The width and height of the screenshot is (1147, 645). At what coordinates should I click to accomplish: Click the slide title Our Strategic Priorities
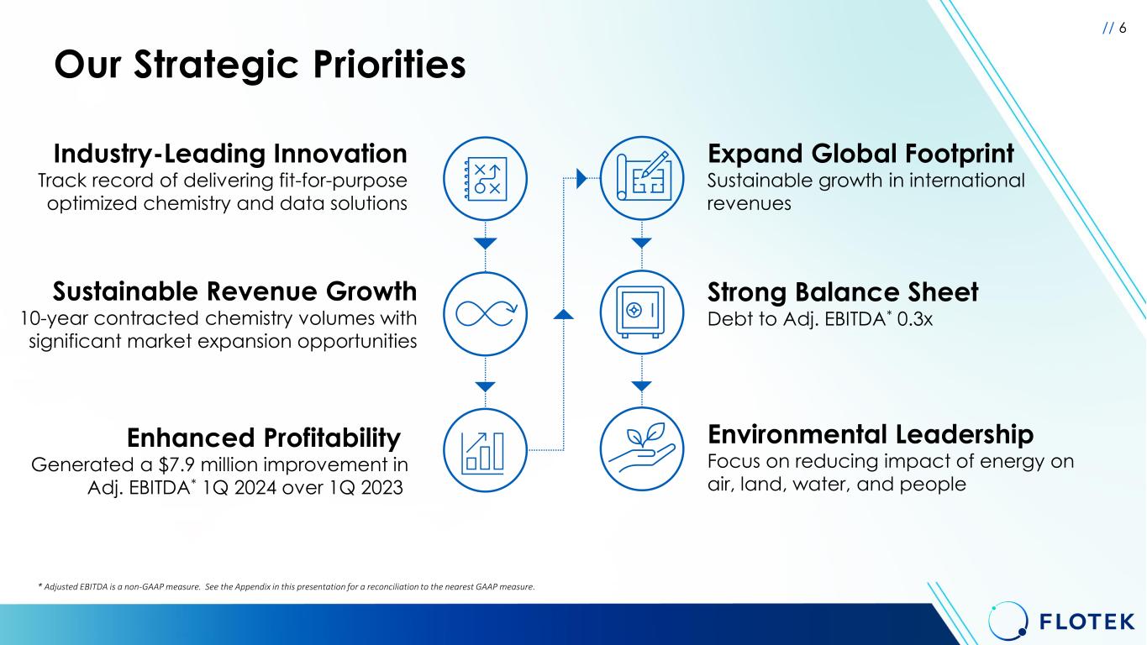pos(260,66)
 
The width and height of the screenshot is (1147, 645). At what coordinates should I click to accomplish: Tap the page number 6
pos(1123,29)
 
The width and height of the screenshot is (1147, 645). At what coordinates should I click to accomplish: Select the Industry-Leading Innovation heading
pos(230,154)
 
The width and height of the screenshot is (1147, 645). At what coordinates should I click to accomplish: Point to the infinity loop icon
pos(485,314)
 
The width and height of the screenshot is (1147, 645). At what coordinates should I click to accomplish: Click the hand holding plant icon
pos(642,449)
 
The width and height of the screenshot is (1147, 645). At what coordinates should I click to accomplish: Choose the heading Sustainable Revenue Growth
pos(234,291)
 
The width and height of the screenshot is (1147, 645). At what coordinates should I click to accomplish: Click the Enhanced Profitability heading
pos(263,438)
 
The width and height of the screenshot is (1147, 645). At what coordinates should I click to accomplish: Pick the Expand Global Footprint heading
pos(860,154)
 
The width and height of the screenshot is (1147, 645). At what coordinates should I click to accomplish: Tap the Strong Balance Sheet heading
pos(843,292)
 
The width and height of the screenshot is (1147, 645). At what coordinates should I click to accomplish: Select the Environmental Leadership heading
pos(871,434)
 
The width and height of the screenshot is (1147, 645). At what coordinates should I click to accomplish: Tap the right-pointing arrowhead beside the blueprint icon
pos(581,178)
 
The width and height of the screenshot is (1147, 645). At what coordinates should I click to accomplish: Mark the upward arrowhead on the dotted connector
pos(563,314)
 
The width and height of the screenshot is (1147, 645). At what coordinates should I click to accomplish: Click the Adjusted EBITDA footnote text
pos(287,587)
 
